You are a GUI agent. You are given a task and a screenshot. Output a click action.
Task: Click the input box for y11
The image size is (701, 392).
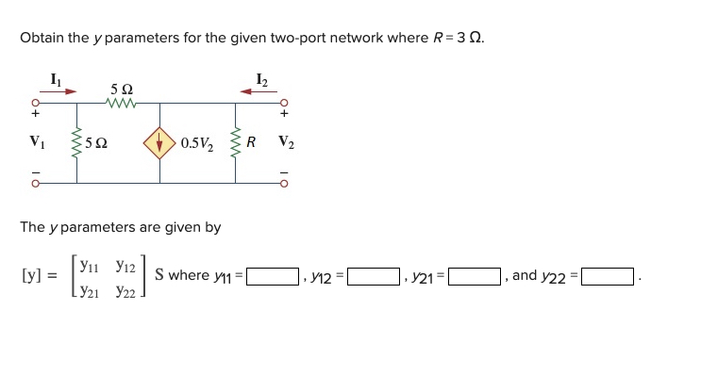coord(273,277)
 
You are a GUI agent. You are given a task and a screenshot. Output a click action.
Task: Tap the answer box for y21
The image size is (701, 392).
coord(474,277)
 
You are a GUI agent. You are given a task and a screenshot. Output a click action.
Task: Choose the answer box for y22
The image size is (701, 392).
coord(608,277)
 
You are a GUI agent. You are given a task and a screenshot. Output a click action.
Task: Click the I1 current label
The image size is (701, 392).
coord(56,78)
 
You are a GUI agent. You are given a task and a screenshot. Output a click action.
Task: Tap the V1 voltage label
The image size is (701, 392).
coord(38,144)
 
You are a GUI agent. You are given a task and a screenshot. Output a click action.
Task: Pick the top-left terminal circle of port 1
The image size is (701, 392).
coord(37,104)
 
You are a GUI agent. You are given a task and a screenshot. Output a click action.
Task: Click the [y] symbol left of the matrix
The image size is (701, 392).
coord(31,276)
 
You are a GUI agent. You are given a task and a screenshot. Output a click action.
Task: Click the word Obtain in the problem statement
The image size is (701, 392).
coord(42,39)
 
